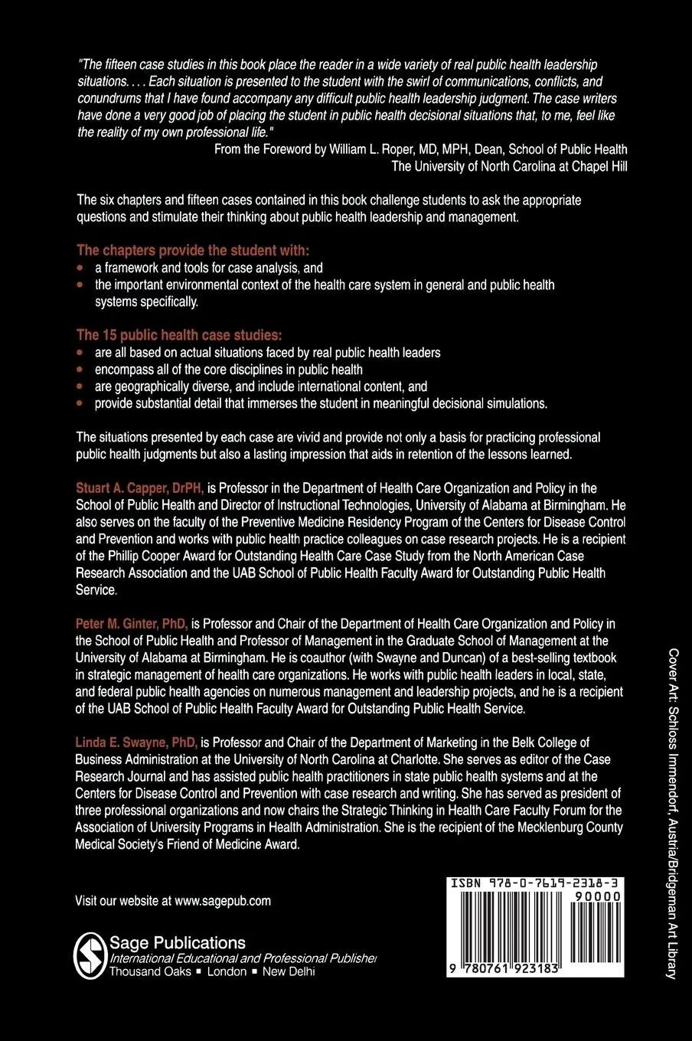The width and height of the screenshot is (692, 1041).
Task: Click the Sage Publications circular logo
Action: tap(90, 955)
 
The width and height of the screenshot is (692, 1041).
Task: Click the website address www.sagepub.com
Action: tap(222, 901)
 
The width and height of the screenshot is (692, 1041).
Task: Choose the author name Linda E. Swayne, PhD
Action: tap(136, 742)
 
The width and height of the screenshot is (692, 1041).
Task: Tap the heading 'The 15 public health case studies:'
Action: tap(179, 335)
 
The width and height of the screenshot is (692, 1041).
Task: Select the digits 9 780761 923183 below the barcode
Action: tap(506, 969)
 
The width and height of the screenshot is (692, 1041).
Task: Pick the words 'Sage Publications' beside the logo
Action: tap(178, 943)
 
